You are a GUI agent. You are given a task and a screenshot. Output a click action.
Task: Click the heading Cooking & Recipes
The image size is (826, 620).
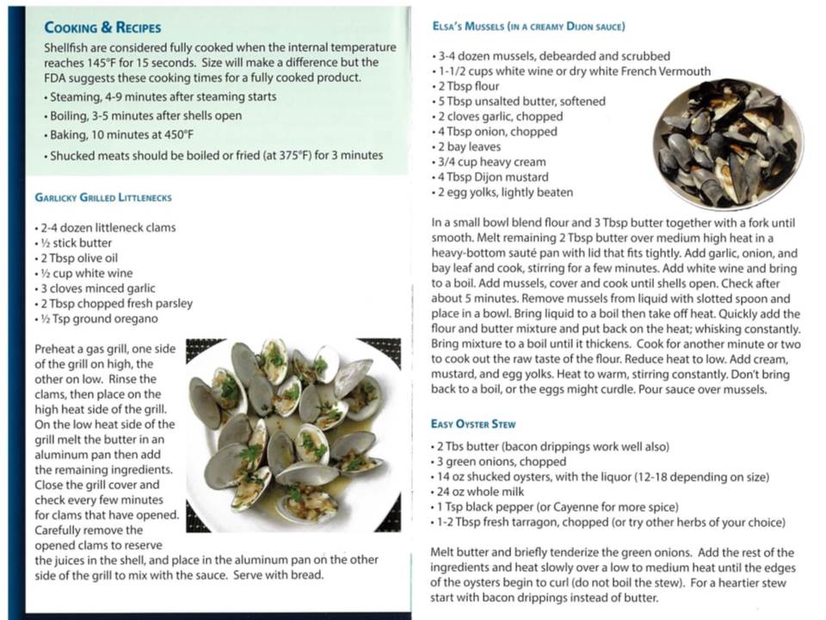(x=102, y=28)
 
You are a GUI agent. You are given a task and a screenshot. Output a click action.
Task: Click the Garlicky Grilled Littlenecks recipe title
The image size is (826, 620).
(x=103, y=197)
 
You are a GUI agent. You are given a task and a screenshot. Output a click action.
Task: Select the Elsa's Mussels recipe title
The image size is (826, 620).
(x=528, y=27)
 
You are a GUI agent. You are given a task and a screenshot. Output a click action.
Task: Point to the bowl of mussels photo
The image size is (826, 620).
(x=727, y=143)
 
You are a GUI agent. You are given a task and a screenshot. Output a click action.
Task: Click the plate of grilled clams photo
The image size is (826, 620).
(x=293, y=431)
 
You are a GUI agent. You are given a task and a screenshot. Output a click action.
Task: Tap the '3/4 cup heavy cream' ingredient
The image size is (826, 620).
(x=490, y=162)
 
